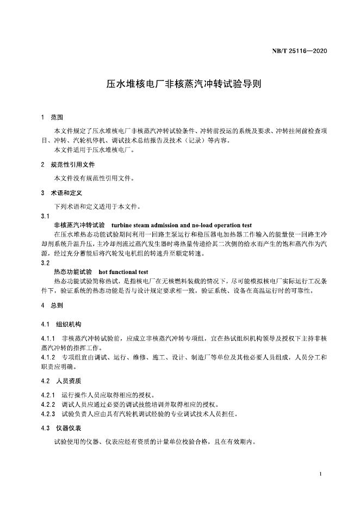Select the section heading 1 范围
[52, 117]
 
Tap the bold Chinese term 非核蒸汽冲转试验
[79, 225]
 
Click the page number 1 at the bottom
[321, 474]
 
